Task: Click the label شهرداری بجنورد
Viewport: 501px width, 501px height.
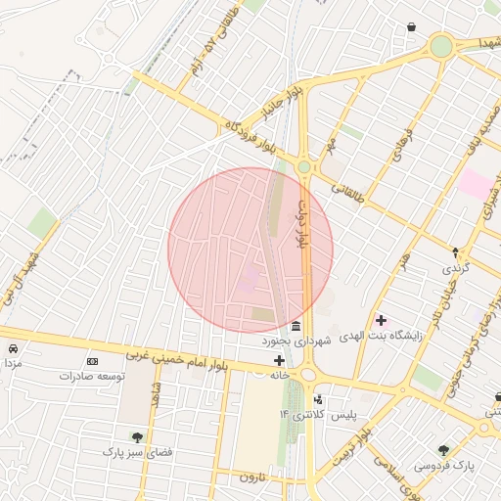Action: click(297, 342)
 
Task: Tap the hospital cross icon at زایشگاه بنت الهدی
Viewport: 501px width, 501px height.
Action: click(381, 320)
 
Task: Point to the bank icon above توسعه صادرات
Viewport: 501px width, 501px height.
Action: click(93, 361)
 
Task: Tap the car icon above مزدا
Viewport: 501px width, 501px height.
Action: click(12, 349)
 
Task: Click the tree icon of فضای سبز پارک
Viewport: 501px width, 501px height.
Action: click(136, 437)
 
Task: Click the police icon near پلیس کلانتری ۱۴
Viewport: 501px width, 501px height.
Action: click(318, 400)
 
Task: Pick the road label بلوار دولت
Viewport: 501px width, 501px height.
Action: click(304, 219)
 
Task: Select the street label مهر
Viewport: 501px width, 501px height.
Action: click(334, 146)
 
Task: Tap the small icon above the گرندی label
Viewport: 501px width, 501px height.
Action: click(455, 252)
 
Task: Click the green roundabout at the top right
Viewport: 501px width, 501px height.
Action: click(441, 46)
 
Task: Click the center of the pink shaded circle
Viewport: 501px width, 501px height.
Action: click(250, 250)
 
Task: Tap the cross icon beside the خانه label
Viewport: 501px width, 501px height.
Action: click(279, 361)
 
